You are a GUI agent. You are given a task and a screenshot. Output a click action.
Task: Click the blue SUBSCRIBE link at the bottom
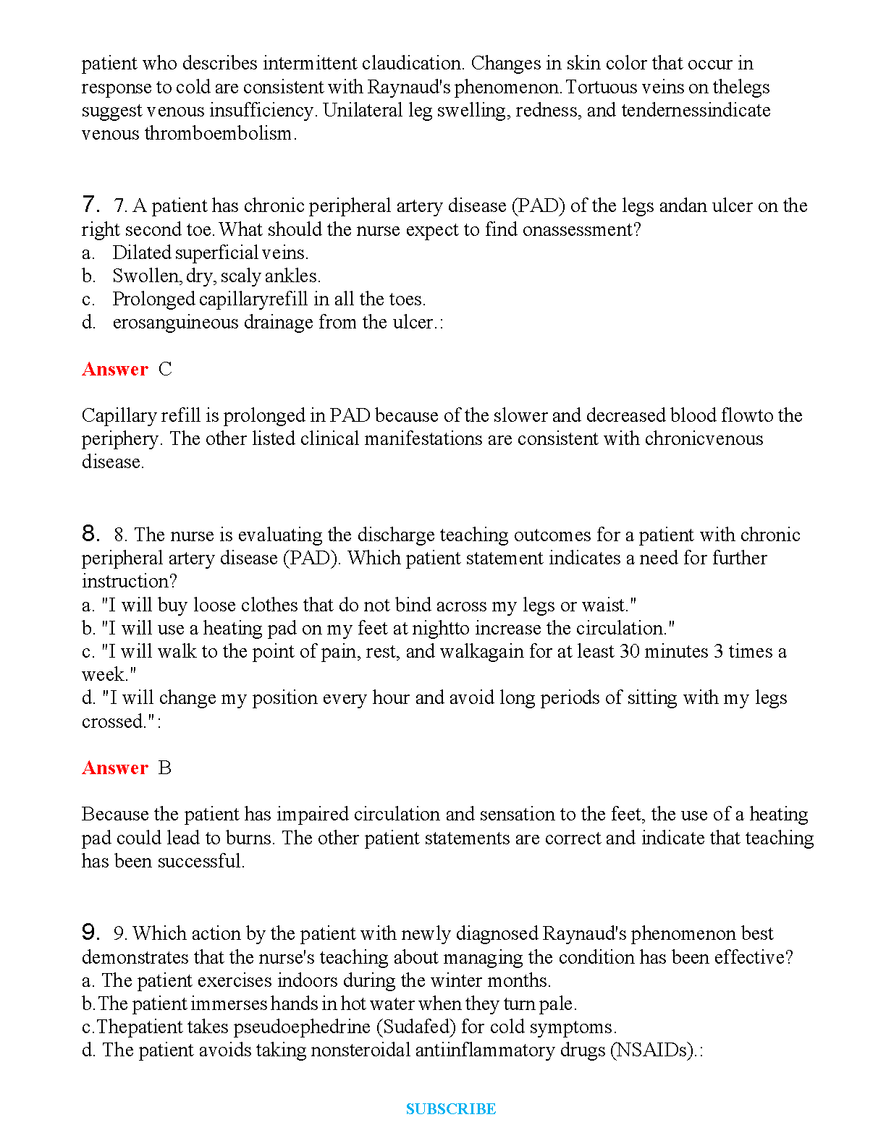point(450,1109)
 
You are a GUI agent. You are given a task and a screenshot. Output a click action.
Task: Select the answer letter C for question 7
point(165,369)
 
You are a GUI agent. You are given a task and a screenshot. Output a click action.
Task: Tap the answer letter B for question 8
point(165,768)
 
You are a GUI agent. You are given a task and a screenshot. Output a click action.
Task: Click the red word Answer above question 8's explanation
point(115,768)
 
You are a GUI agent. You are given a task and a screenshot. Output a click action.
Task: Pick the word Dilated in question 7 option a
point(141,252)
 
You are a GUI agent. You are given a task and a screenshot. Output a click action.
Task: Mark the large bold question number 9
point(90,932)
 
